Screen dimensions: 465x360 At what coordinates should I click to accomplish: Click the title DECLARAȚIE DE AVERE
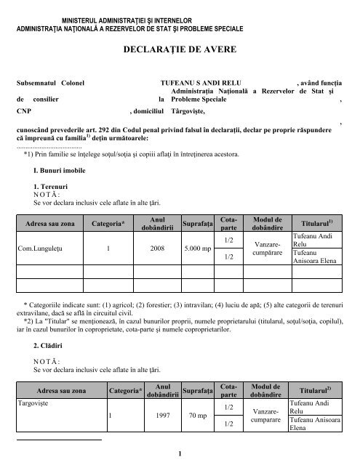[179, 53]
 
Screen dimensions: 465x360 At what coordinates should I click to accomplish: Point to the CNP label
[24, 111]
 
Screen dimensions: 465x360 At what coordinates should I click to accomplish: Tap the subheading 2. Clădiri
[39, 346]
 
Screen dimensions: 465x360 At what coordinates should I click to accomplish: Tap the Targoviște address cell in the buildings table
[34, 401]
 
